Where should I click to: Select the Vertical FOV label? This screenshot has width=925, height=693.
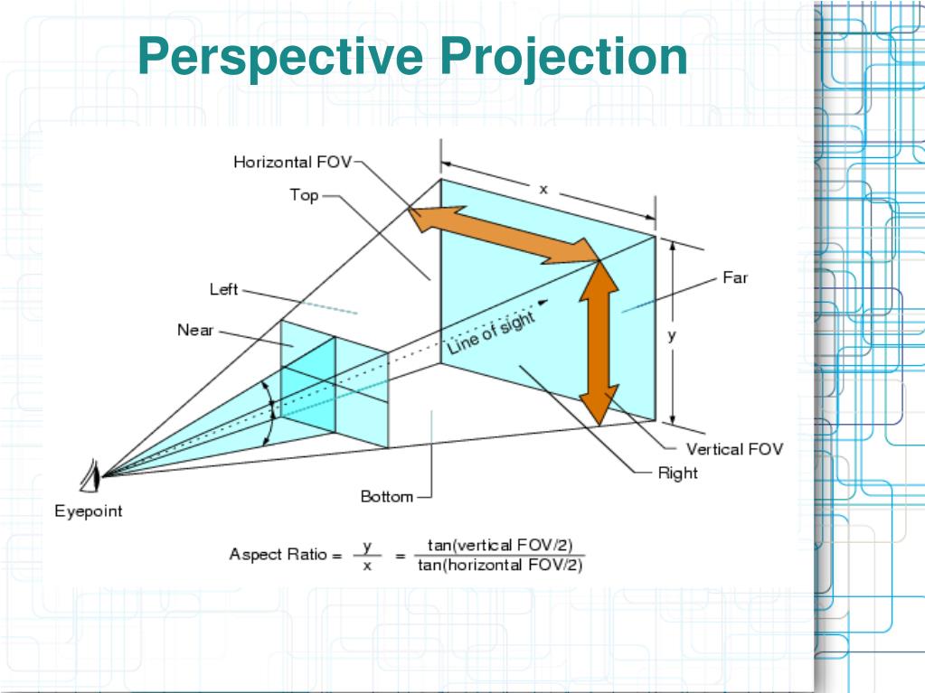tap(734, 449)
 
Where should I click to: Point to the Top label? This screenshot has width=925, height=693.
tap(304, 195)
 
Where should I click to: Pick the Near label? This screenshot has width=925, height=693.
tap(195, 331)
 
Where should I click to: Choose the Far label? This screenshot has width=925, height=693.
tap(735, 278)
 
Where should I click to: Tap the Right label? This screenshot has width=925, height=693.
tap(678, 473)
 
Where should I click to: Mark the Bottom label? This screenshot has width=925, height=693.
tap(387, 496)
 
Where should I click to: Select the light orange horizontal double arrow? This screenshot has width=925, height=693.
tap(503, 234)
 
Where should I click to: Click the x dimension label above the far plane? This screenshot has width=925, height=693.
tap(543, 189)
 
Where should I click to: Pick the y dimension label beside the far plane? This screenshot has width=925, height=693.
tap(671, 334)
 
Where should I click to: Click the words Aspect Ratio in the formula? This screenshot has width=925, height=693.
tap(278, 555)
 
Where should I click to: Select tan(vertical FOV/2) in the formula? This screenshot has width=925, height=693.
tap(500, 546)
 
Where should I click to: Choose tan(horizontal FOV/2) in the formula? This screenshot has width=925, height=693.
tap(500, 566)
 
